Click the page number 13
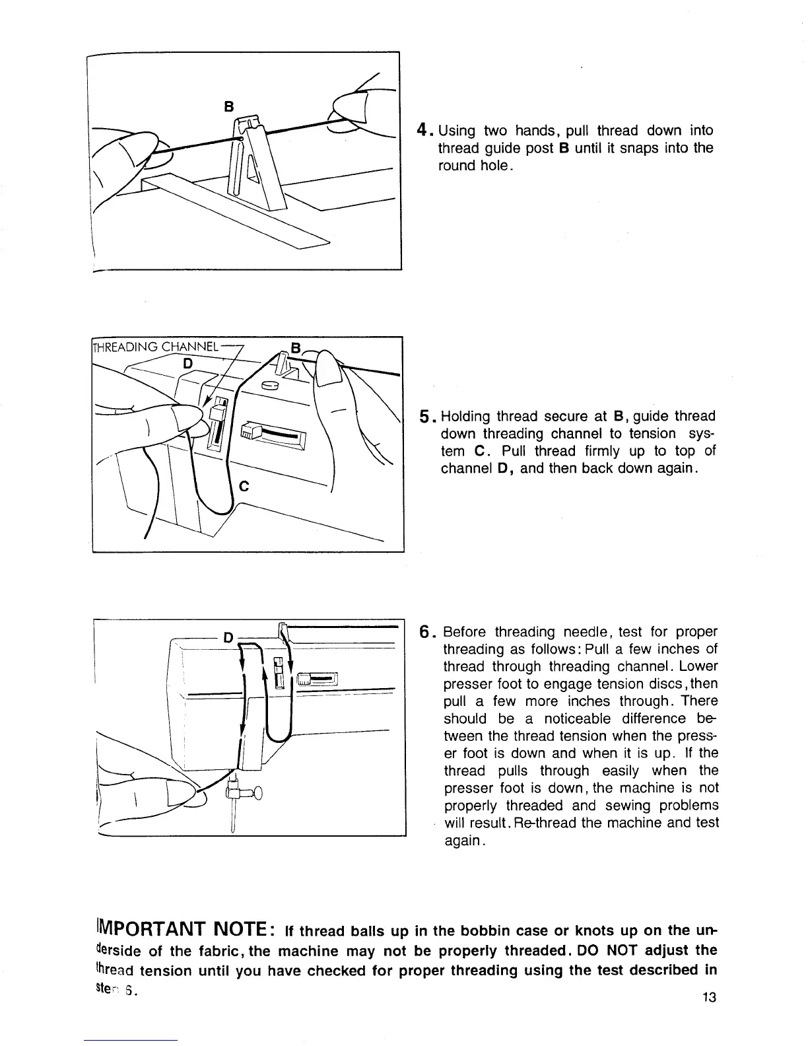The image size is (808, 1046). tap(709, 997)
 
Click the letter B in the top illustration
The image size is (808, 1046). tap(229, 105)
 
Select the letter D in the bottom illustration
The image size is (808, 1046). tap(228, 638)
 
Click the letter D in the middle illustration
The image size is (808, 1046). tap(188, 363)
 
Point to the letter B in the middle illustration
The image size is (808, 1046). tap(296, 347)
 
